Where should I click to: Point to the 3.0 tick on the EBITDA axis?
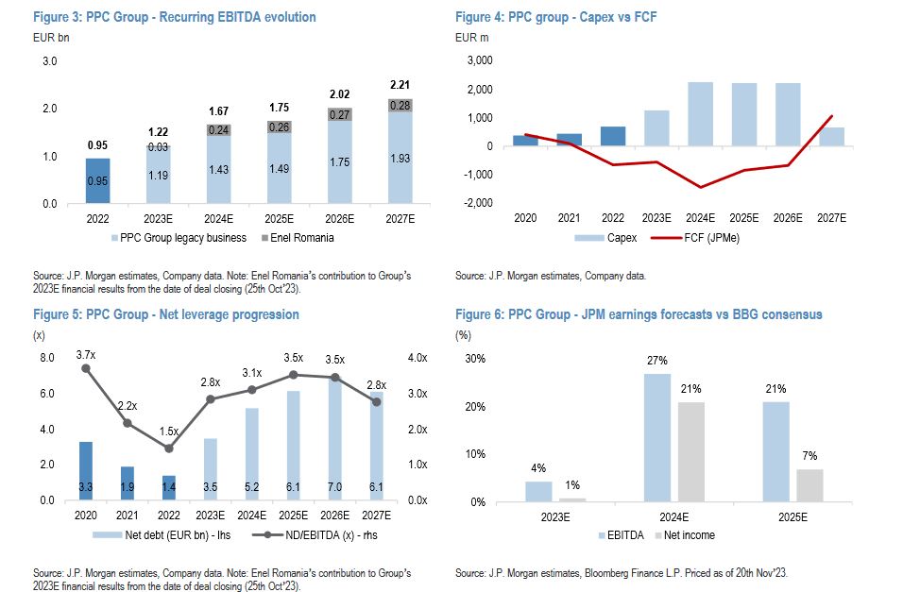(x=50, y=61)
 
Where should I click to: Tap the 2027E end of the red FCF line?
(x=832, y=116)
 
